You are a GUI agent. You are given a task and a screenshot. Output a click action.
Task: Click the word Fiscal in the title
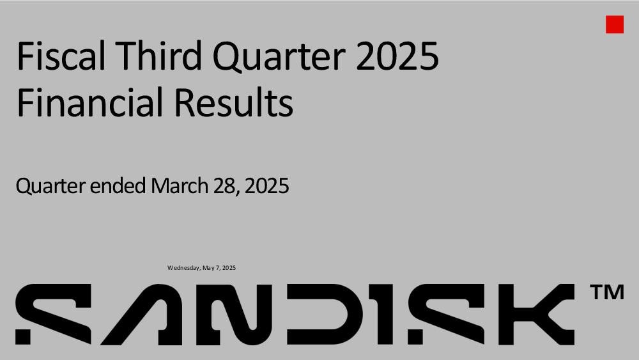[61, 56]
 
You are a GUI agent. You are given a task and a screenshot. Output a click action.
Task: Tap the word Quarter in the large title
[279, 57]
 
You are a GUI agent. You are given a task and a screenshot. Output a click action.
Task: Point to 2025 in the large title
[397, 56]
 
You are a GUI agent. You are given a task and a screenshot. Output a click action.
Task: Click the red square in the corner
[615, 24]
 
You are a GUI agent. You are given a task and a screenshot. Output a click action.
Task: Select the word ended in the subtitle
[118, 185]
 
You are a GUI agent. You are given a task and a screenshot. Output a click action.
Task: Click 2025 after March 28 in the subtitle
[267, 186]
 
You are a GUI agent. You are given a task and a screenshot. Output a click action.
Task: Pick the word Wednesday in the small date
[184, 268]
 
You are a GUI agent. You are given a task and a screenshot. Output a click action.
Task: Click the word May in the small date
[208, 269]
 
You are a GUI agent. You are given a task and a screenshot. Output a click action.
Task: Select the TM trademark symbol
[607, 292]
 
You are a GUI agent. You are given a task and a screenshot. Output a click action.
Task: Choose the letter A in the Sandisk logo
[147, 315]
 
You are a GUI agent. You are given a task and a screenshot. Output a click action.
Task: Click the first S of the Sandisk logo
[54, 315]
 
